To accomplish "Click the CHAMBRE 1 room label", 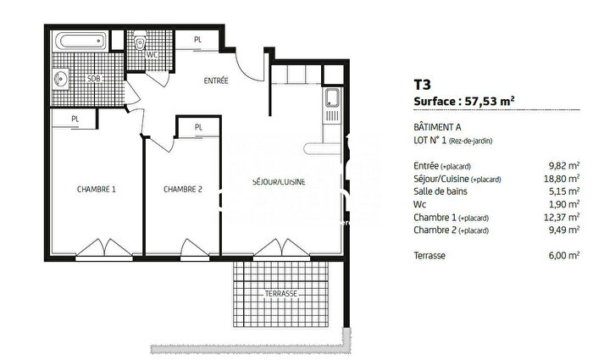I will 96,189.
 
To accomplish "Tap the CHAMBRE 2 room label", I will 183,189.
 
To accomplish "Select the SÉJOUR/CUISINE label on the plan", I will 279,182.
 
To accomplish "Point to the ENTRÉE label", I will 217,80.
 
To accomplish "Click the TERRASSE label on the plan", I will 280,293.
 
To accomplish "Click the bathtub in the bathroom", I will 80,41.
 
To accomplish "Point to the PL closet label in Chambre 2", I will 198,128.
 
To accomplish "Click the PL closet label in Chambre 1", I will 75,119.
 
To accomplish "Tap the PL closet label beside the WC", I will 197,40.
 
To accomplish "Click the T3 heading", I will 421,84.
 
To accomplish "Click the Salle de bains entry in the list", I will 441,191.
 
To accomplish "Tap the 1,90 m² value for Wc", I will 564,204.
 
